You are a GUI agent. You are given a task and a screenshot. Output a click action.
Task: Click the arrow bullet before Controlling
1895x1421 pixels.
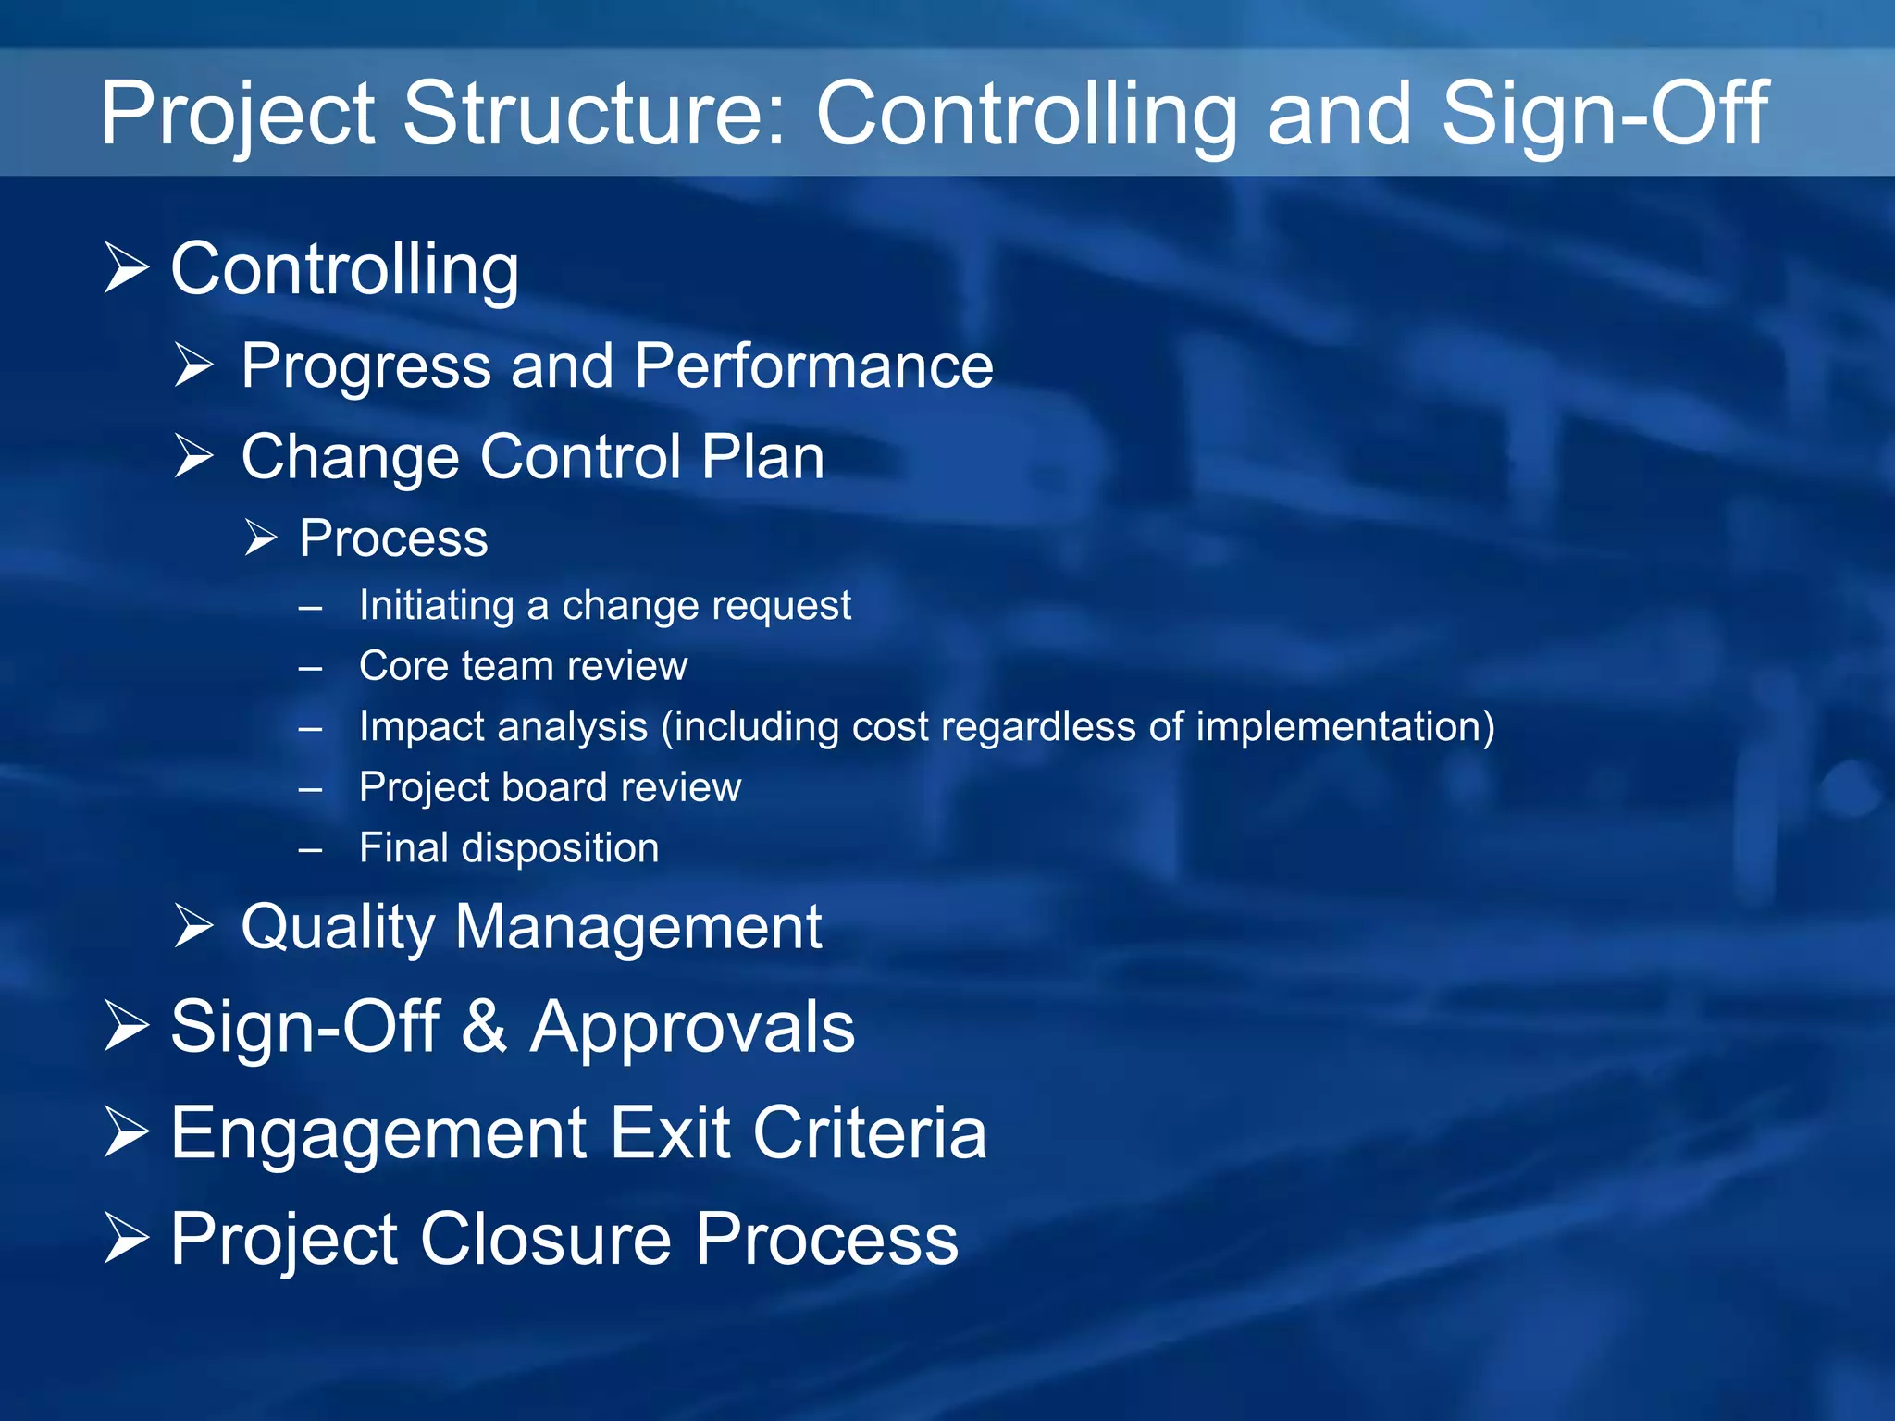pyautogui.click(x=126, y=268)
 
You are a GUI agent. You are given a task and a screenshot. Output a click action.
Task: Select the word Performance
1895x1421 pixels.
pyautogui.click(x=813, y=365)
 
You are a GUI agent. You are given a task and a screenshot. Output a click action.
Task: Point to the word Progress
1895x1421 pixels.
pyautogui.click(x=365, y=367)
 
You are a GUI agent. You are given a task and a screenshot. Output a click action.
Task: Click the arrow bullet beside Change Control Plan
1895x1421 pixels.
pyautogui.click(x=194, y=456)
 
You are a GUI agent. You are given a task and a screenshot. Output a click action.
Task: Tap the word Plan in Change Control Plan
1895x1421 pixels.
pyautogui.click(x=762, y=456)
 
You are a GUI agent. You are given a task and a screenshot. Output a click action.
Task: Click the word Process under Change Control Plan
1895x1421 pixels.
pyautogui.click(x=393, y=538)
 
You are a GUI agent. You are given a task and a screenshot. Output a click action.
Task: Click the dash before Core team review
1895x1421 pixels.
pyautogui.click(x=311, y=668)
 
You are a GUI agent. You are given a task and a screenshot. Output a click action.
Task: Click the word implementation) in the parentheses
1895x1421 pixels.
pyautogui.click(x=1345, y=727)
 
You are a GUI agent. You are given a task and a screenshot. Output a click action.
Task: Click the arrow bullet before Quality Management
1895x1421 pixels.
pyautogui.click(x=194, y=926)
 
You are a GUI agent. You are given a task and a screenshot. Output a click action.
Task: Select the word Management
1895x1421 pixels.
pyautogui.click(x=638, y=926)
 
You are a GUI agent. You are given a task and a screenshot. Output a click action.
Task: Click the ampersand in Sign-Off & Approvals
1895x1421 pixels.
pyautogui.click(x=484, y=1027)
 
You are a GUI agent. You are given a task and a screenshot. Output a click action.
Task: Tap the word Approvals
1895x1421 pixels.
pyautogui.click(x=692, y=1027)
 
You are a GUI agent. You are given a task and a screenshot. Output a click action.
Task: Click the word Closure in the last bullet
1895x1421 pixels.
pyautogui.click(x=546, y=1240)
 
